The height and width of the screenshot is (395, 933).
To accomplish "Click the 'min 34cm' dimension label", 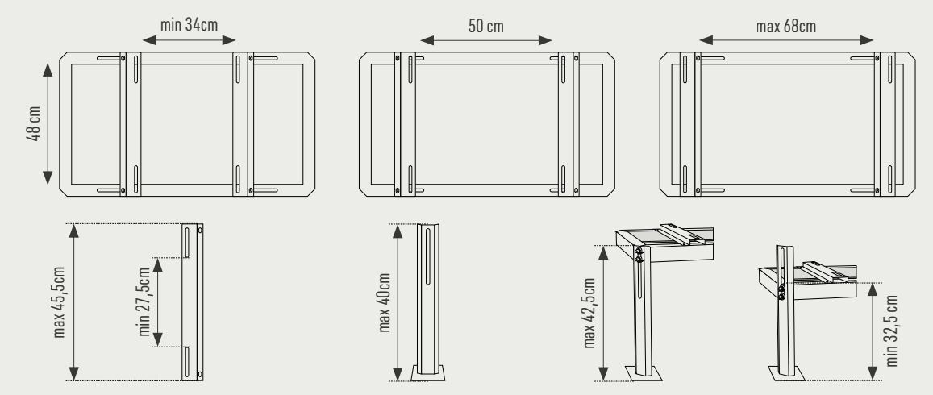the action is (190, 25).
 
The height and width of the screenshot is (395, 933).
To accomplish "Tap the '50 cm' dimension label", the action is (485, 26).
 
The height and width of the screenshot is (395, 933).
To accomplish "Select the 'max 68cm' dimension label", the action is (786, 27).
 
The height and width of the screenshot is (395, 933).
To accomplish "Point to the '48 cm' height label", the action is (34, 123).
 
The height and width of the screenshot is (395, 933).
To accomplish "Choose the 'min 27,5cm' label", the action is (144, 302).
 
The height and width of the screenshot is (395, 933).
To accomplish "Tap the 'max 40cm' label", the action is (384, 302).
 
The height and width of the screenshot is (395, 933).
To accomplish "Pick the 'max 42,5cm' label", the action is (589, 313).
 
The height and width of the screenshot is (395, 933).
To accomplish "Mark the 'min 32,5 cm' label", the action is (891, 331).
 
